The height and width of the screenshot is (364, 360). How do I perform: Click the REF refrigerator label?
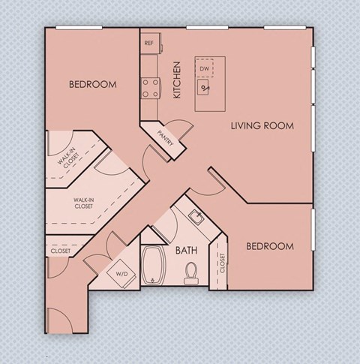(x=148, y=43)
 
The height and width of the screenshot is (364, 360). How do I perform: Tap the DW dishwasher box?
(x=204, y=69)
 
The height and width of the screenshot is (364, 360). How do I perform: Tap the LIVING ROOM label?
(x=261, y=125)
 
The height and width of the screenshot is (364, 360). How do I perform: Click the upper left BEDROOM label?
(x=92, y=85)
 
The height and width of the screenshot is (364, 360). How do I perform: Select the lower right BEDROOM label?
(x=270, y=246)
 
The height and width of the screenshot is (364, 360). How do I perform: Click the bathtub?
(x=153, y=265)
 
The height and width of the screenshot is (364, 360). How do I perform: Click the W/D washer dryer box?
(x=121, y=274)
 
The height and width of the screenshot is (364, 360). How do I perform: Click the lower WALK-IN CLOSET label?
(x=83, y=203)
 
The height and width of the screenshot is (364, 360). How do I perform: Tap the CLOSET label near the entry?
(x=61, y=251)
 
